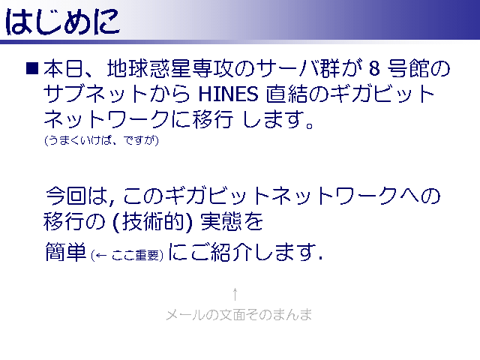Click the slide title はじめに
pos(62,22)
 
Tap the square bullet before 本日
pos(32,68)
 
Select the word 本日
pos(63,68)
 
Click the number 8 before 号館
pos(374,68)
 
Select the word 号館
pos(408,68)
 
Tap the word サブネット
pos(95,93)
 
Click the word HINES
pos(228,94)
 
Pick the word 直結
pos(286,93)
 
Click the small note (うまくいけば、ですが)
pos(102,140)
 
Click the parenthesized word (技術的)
pos(153,221)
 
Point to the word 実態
pos(220,221)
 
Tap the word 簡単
pos(66,252)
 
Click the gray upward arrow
pos(235,294)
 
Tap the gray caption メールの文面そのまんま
pos(238,315)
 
